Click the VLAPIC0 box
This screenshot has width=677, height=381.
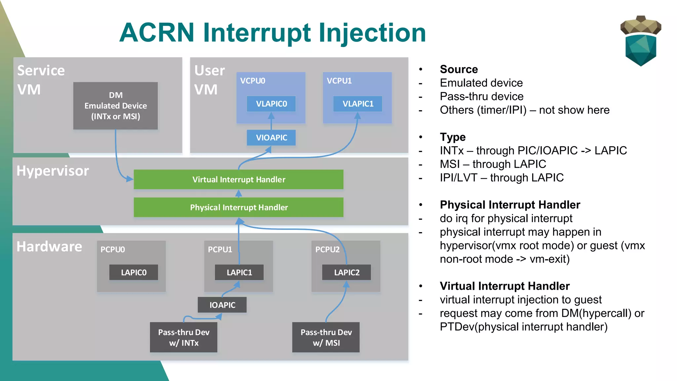271,104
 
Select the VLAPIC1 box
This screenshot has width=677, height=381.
358,104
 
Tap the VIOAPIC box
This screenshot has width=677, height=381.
271,138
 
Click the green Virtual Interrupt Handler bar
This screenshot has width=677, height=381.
238,180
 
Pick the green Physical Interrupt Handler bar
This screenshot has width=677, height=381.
238,207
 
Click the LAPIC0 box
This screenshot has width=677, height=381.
134,272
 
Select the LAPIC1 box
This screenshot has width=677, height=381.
239,272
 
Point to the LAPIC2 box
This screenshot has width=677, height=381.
346,272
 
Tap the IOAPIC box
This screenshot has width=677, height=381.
222,305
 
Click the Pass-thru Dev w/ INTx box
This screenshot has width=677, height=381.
183,337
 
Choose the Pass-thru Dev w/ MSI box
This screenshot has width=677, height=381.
326,337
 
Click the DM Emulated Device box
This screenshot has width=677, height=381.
115,106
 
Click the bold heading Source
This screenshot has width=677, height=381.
459,69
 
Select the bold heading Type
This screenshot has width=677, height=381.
453,137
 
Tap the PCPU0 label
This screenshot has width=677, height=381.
112,249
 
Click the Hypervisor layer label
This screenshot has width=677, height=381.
53,171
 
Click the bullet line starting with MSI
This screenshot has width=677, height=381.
493,164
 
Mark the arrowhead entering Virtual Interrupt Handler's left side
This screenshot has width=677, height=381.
130,179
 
